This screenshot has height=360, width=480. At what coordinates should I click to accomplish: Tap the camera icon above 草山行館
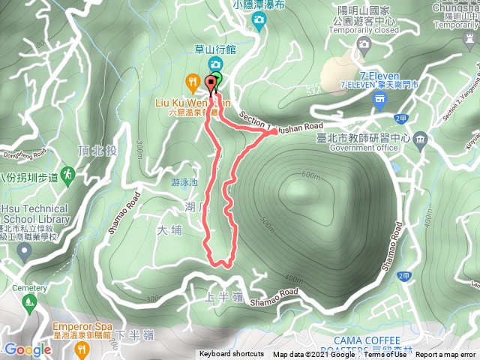click(x=215, y=63)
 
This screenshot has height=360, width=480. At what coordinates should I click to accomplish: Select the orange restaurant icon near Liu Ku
click(x=193, y=82)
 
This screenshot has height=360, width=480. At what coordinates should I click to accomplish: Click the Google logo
click(x=27, y=349)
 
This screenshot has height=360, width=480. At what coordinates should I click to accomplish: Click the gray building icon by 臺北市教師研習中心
click(x=420, y=139)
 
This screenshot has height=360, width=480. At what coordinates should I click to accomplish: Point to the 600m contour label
click(x=310, y=175)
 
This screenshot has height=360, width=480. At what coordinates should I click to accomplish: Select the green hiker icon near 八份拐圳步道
click(x=68, y=173)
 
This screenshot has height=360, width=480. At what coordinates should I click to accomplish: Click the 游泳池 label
click(x=184, y=182)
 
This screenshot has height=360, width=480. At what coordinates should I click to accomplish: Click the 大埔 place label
click(x=170, y=231)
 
